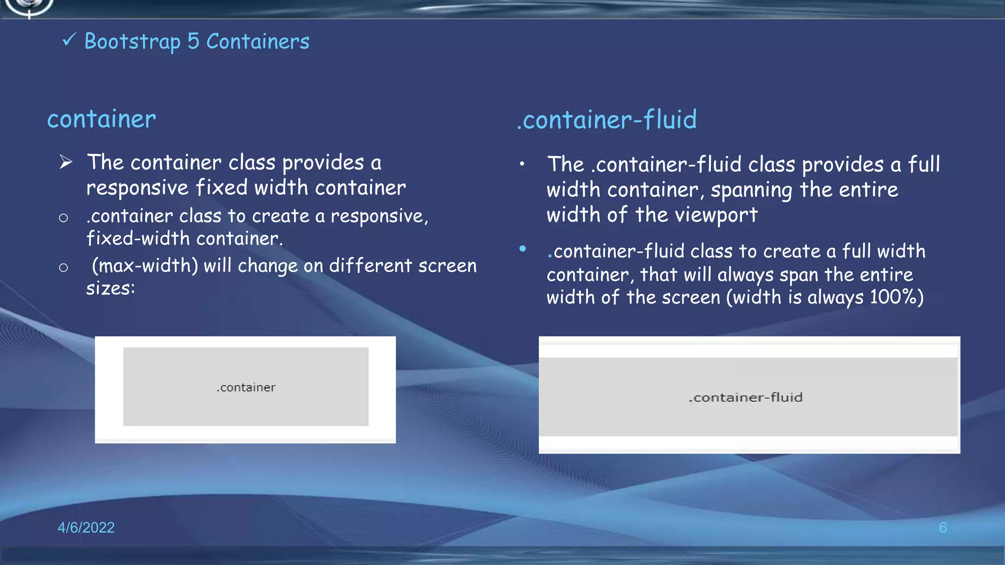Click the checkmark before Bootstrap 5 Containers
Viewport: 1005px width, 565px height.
[69, 39]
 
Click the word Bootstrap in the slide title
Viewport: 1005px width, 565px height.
[132, 42]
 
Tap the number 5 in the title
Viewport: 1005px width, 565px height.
[193, 42]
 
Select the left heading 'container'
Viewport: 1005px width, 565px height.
[102, 119]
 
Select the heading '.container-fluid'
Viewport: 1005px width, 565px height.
[607, 120]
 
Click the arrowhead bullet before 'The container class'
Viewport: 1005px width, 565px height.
[66, 162]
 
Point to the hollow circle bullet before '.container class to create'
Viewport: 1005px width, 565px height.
[63, 218]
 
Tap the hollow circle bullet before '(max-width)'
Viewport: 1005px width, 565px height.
[63, 267]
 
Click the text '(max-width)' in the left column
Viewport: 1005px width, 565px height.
[145, 266]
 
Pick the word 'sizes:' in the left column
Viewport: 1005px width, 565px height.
[110, 288]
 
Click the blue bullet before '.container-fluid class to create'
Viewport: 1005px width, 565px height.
[523, 249]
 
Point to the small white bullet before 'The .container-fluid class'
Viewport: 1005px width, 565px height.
[522, 164]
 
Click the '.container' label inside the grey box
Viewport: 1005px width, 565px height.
[246, 387]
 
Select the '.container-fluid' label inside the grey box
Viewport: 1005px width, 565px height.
[745, 397]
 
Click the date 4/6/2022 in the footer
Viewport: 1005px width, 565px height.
[86, 527]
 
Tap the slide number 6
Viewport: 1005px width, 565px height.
[943, 527]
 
